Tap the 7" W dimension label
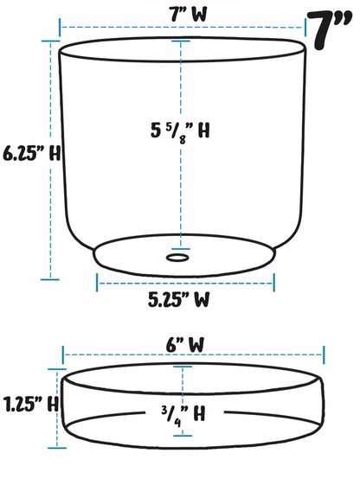[x=181, y=13]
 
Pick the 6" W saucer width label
[x=184, y=343]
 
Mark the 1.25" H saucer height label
[x=29, y=403]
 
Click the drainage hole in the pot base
[x=178, y=257]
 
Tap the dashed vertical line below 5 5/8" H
[x=179, y=190]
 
